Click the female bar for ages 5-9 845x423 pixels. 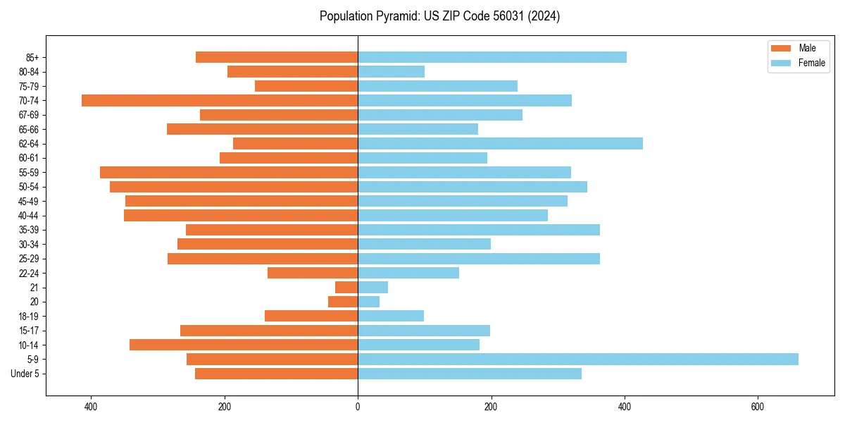click(577, 360)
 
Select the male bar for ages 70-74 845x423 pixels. click(220, 101)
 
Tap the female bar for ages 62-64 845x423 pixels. click(500, 144)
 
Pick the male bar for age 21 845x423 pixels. click(346, 288)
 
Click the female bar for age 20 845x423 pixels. click(368, 302)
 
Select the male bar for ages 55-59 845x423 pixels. click(229, 173)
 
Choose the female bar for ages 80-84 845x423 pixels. click(391, 72)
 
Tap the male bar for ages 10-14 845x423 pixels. click(244, 345)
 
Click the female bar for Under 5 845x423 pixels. click(470, 374)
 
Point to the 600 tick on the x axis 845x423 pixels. click(758, 407)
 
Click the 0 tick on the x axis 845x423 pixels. click(358, 407)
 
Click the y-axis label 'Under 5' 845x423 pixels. click(25, 374)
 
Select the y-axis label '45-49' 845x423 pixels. click(29, 202)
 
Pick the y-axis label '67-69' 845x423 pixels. click(29, 115)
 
